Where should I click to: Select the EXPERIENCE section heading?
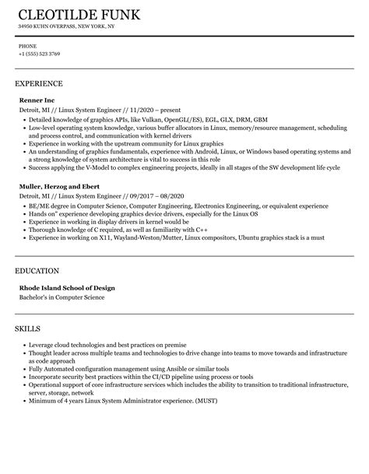(39, 83)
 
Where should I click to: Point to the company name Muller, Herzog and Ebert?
(60, 187)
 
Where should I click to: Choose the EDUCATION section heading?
(37, 271)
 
